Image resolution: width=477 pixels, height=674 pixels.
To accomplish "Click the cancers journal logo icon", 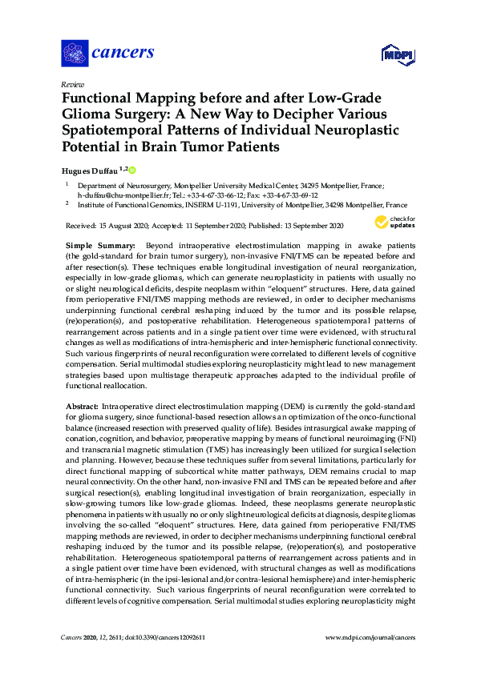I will [75, 53].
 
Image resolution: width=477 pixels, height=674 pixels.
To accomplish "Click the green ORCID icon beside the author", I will [132, 170].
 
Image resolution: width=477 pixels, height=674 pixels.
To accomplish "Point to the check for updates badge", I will [395, 222].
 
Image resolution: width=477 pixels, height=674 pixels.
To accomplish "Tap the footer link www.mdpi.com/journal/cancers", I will [370, 637].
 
